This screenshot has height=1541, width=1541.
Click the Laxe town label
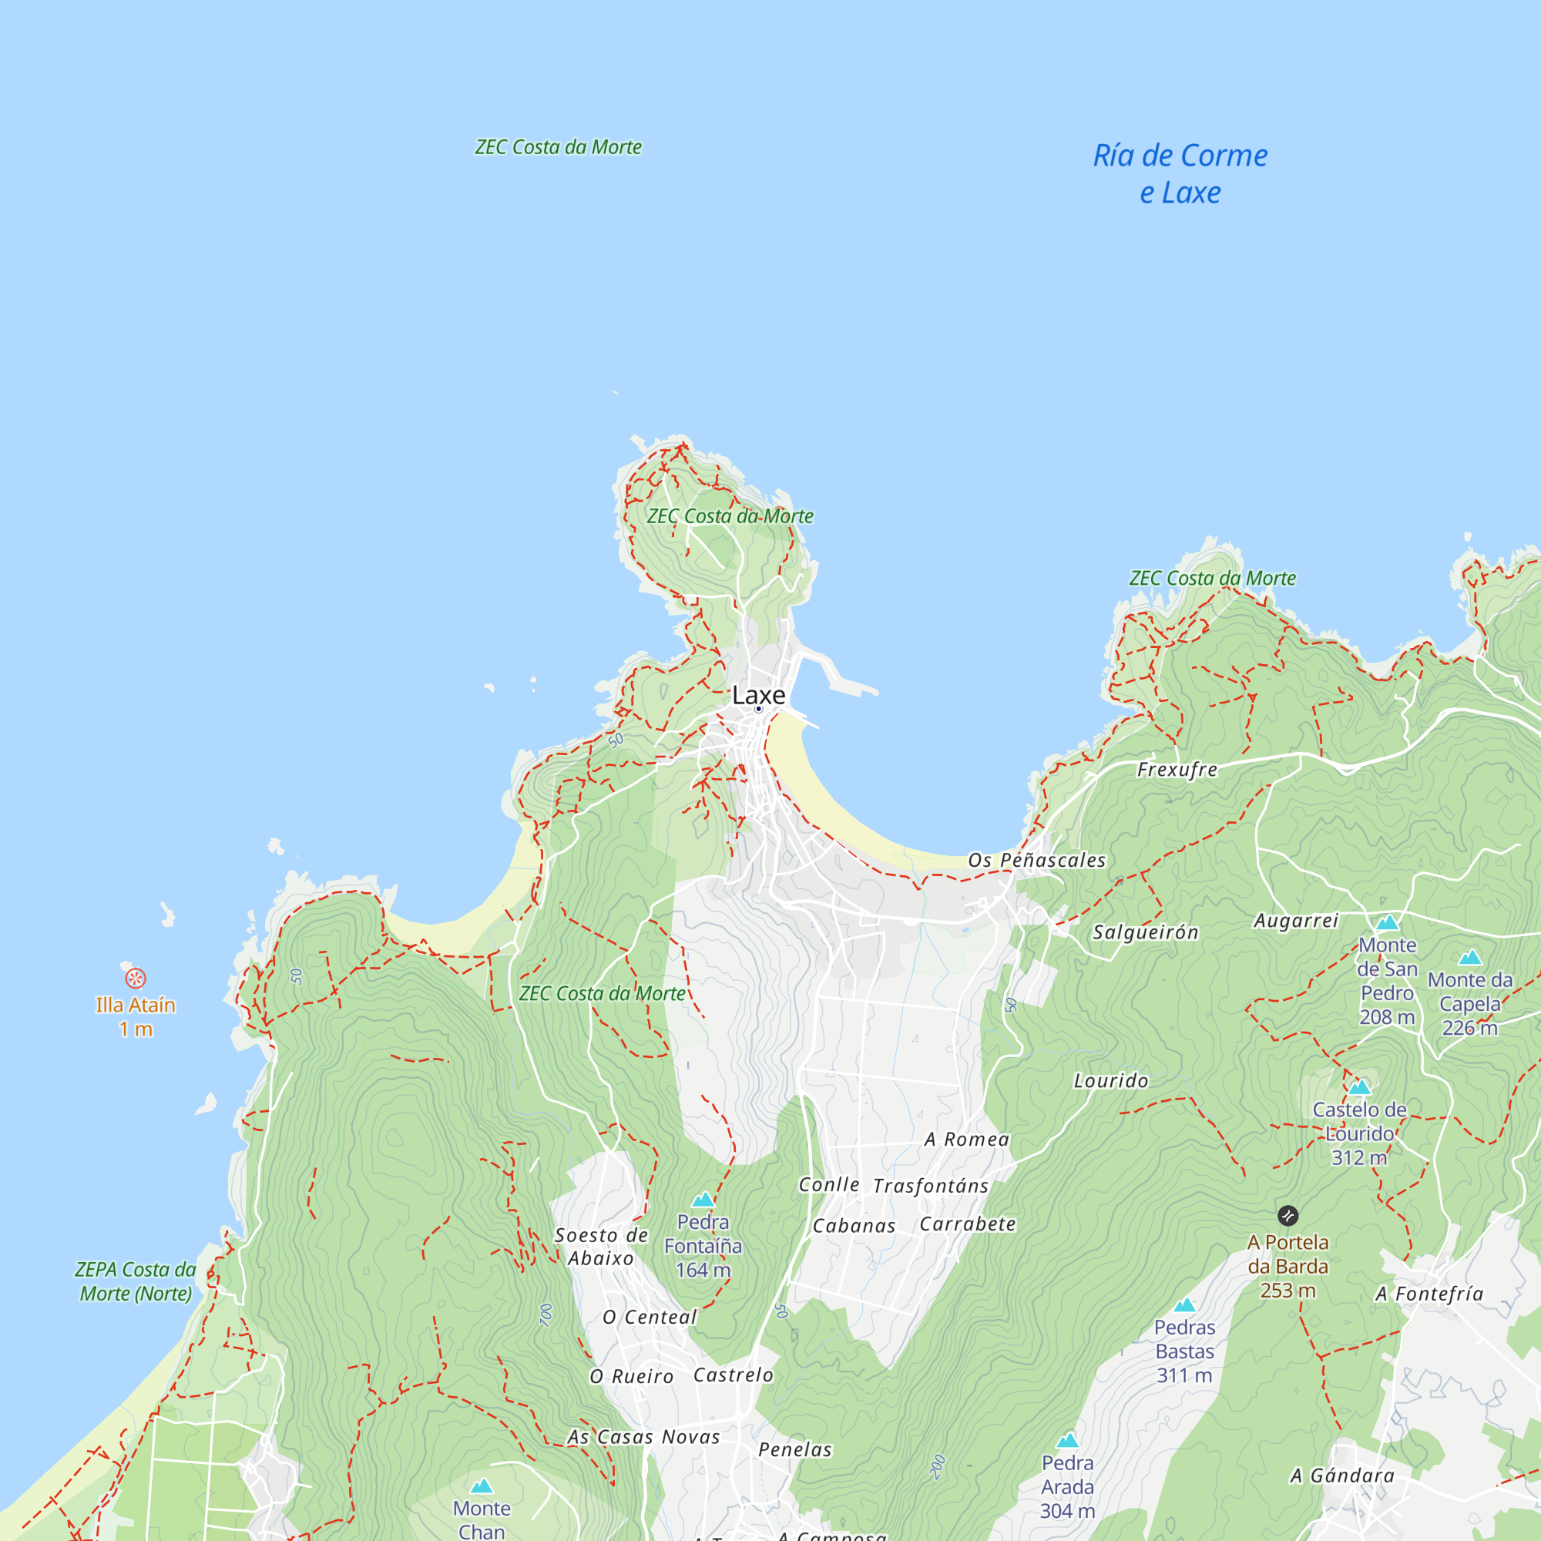pyautogui.click(x=758, y=695)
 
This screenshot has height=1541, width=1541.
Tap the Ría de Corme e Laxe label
pyautogui.click(x=1180, y=174)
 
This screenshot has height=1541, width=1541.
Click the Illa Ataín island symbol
pyautogui.click(x=136, y=978)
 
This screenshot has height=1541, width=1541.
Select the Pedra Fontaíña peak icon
pyautogui.click(x=703, y=1200)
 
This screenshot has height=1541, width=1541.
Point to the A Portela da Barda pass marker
pyautogui.click(x=1288, y=1216)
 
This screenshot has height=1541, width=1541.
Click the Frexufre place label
pyautogui.click(x=1177, y=770)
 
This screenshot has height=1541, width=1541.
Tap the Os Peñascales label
pyautogui.click(x=1037, y=860)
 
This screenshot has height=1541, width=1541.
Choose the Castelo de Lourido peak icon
pyautogui.click(x=1360, y=1086)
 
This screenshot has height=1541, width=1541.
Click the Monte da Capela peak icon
pyautogui.click(x=1470, y=957)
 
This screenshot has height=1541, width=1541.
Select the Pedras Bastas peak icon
pyautogui.click(x=1184, y=1305)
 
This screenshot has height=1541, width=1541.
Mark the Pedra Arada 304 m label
pyautogui.click(x=1067, y=1487)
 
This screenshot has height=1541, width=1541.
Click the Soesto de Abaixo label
pyautogui.click(x=602, y=1247)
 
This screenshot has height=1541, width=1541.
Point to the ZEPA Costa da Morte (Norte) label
pyautogui.click(x=136, y=1281)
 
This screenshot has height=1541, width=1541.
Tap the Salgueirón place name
pyautogui.click(x=1146, y=932)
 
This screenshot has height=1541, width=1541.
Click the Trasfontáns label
pyautogui.click(x=931, y=1186)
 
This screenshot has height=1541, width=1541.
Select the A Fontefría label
pyautogui.click(x=1429, y=1294)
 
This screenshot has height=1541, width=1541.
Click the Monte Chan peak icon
pyautogui.click(x=482, y=1486)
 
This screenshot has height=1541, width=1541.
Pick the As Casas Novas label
pyautogui.click(x=643, y=1437)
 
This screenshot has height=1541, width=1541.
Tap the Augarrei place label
pyautogui.click(x=1296, y=921)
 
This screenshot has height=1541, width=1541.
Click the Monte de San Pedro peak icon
pyautogui.click(x=1388, y=923)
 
